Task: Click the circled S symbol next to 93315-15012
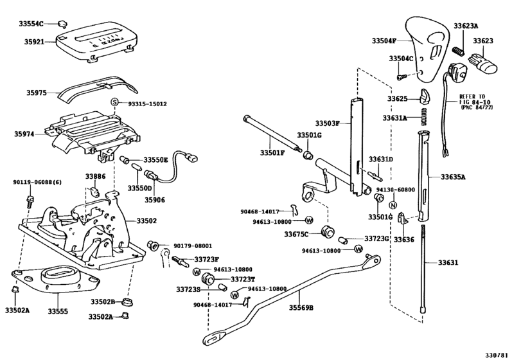pos(114,103)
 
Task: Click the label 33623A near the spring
pos(466,26)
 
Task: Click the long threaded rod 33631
pos(424,270)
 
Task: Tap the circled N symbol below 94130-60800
pos(393,204)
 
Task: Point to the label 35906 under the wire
pos(154,200)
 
